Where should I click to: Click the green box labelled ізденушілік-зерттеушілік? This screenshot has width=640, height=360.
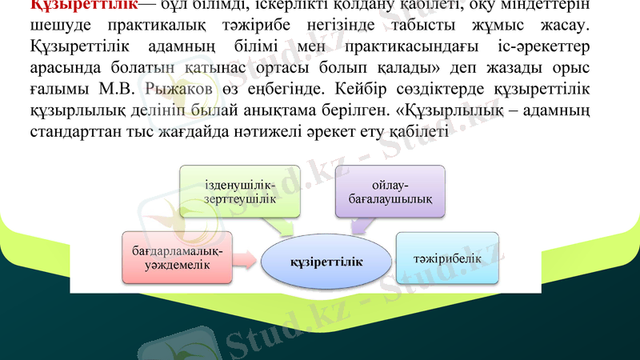pyautogui.click(x=240, y=192)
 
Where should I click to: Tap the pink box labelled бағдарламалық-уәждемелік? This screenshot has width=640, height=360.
pyautogui.click(x=178, y=258)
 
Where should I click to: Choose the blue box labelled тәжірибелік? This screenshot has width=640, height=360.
pyautogui.click(x=447, y=258)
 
